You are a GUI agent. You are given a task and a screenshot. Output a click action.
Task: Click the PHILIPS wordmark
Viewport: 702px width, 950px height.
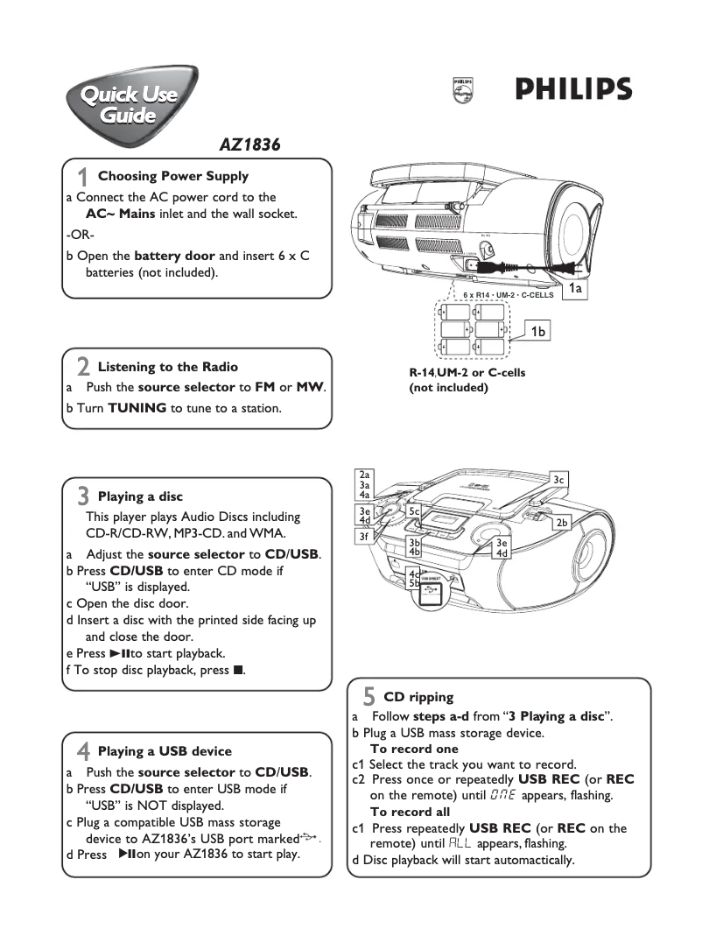pos(572,90)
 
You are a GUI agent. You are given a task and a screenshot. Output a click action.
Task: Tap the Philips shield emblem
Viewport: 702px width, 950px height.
pos(462,90)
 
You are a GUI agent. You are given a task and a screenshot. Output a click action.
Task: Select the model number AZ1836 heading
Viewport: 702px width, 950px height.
pos(249,145)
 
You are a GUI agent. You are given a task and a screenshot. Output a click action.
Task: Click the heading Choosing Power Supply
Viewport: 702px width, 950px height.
pos(172,176)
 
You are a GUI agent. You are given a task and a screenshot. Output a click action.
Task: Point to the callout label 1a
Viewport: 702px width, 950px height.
pos(576,287)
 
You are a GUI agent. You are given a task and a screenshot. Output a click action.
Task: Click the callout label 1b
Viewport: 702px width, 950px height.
pos(539,331)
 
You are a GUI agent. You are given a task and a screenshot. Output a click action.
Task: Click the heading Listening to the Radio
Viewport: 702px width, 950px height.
pos(167,367)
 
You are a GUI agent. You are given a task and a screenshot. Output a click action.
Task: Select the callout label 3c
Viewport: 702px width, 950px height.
pos(559,479)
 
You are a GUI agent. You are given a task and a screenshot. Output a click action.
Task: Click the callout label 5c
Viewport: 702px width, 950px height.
pos(415,510)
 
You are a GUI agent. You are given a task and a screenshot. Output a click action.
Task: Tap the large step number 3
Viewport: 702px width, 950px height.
pos(83,496)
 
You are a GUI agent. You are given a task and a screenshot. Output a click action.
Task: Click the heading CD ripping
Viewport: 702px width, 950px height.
pos(418,697)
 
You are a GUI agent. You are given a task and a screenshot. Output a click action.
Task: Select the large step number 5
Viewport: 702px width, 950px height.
pos(369,697)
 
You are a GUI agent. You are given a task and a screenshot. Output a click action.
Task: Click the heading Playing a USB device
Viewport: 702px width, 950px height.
pos(165,751)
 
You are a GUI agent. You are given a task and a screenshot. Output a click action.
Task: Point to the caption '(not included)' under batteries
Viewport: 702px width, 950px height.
pos(448,387)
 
